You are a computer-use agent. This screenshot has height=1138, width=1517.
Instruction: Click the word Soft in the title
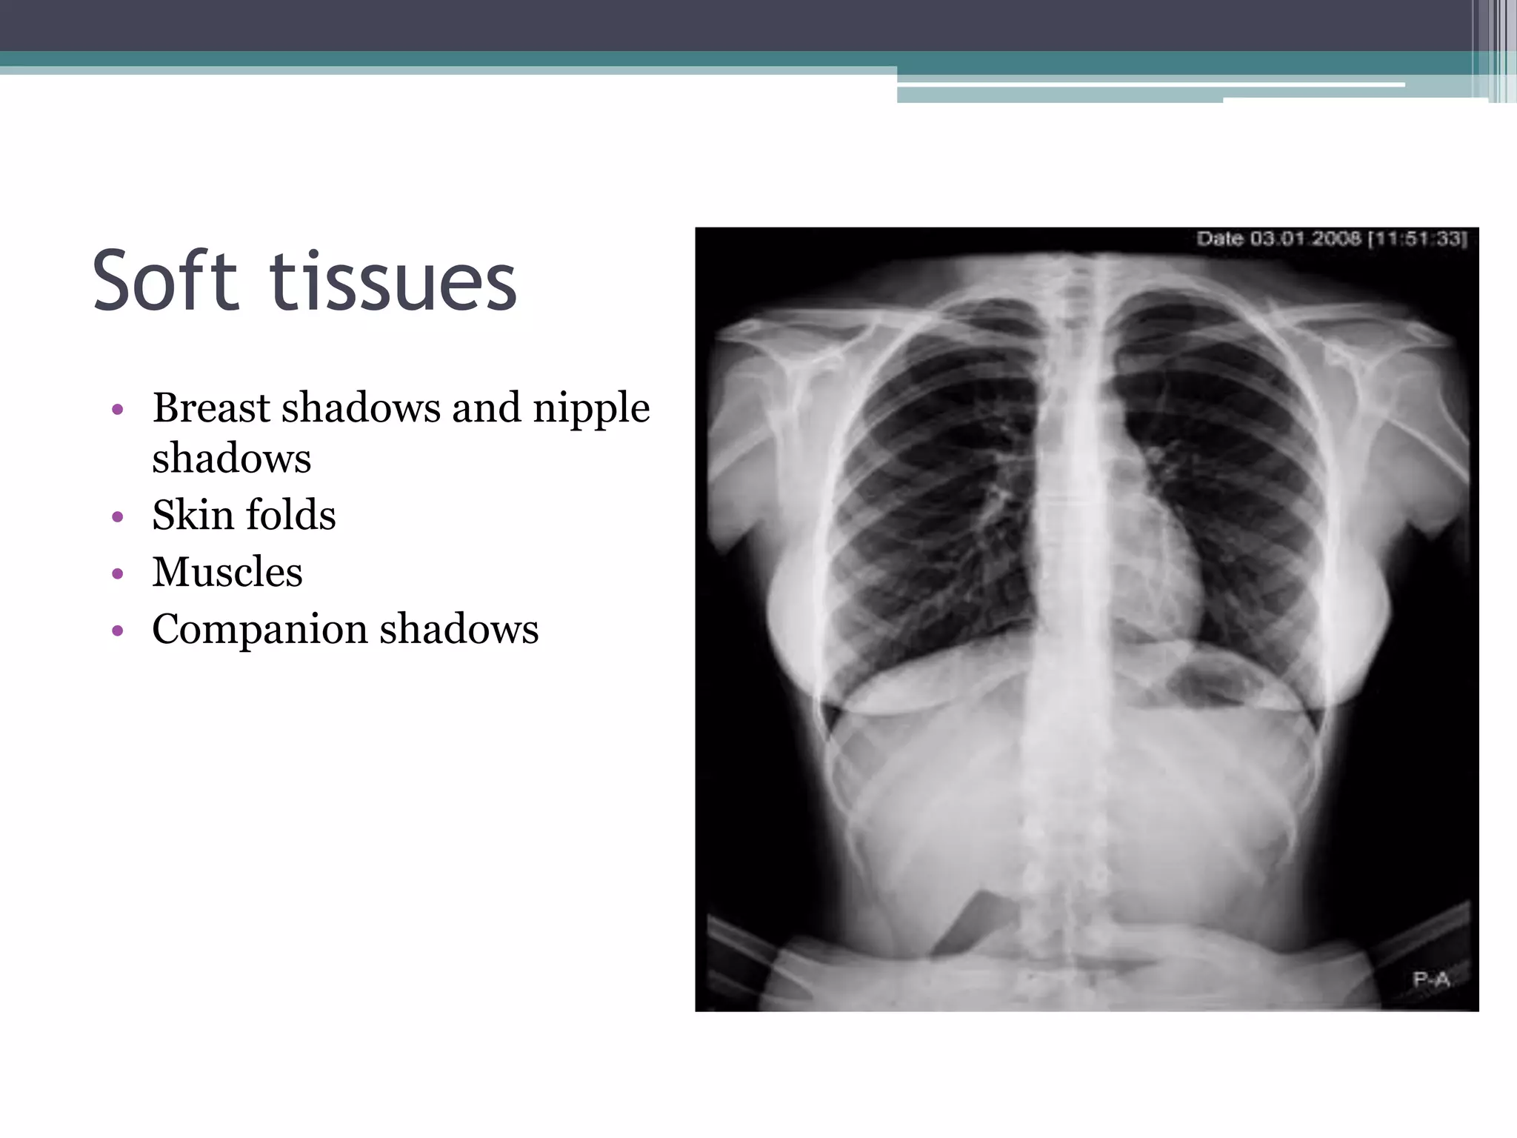[164, 282]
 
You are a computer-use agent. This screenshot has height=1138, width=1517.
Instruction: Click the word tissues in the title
[393, 282]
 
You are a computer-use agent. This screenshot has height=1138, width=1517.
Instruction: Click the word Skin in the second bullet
[191, 515]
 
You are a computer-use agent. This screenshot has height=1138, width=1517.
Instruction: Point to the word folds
[290, 515]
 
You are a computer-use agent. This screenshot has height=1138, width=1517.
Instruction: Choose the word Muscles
[227, 572]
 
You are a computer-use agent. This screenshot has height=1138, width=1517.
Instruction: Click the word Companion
[259, 630]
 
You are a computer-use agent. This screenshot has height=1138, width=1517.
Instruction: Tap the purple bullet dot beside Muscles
[117, 573]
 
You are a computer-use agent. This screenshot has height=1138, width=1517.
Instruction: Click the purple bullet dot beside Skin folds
[117, 516]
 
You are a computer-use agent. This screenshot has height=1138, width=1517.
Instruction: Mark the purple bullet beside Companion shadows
[117, 631]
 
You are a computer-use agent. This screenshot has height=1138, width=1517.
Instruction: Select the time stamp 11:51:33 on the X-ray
[1418, 239]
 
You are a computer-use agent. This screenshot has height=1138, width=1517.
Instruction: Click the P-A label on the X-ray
[1431, 980]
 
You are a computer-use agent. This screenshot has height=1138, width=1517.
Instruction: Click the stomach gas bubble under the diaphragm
[1215, 678]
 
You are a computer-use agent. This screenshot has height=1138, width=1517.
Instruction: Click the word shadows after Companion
[459, 630]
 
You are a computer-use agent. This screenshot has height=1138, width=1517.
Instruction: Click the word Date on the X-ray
[1221, 239]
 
